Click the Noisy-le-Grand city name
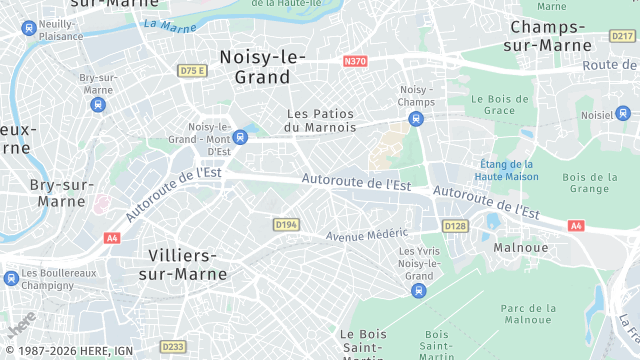(x=261, y=66)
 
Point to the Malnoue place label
(x=519, y=246)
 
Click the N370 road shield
(x=355, y=62)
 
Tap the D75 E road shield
(x=191, y=71)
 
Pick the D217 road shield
(x=621, y=36)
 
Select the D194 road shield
(x=286, y=225)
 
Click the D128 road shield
(x=455, y=226)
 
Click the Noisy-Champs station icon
(x=416, y=119)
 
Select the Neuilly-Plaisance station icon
(x=27, y=29)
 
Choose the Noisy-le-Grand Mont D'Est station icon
(x=238, y=137)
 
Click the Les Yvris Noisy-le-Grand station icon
(x=418, y=291)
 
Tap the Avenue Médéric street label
(x=367, y=236)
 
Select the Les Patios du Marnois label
(x=320, y=120)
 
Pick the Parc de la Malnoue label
(x=527, y=314)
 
